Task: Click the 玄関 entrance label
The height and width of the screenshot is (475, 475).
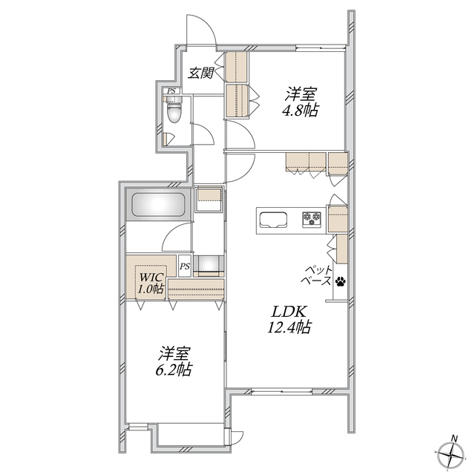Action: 201,73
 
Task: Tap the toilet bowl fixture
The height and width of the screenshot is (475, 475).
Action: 174,110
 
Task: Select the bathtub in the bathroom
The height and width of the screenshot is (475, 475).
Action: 158,205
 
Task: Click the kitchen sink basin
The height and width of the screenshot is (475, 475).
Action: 273,220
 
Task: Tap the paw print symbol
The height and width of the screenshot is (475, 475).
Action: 341,282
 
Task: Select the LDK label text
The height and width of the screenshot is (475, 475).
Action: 289,312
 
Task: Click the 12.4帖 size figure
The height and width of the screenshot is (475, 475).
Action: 289,327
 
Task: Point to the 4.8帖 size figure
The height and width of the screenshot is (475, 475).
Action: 300,111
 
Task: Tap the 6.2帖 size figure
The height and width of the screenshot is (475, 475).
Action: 174,370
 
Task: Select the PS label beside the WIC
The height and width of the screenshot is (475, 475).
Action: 185,266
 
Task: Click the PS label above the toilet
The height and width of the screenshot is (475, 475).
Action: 171,91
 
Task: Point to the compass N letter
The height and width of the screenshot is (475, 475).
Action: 454,438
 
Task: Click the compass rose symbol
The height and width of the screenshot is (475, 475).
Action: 451,455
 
